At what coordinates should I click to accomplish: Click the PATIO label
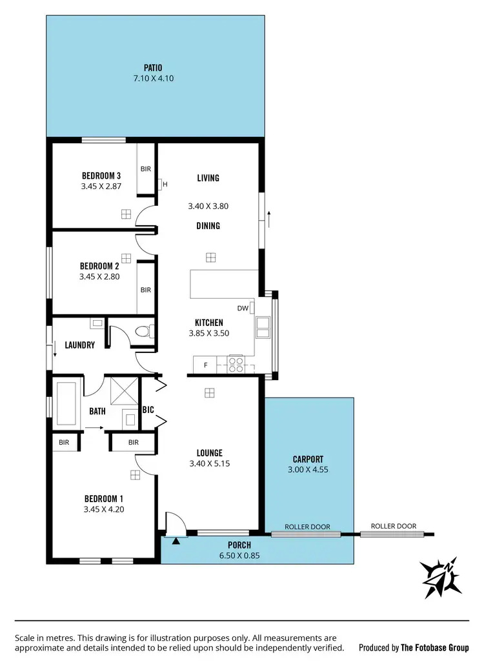[153, 67]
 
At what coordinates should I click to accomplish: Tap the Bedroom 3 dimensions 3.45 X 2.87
[101, 187]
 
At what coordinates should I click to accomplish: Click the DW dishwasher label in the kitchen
[243, 309]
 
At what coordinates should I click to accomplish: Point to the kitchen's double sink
[263, 328]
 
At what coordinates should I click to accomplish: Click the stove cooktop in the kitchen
[236, 365]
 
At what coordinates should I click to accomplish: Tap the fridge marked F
[205, 365]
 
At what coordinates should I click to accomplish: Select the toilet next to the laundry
[144, 332]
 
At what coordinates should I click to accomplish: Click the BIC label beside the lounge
[148, 410]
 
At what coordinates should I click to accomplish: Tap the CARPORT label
[308, 460]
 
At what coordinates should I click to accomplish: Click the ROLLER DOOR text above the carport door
[307, 527]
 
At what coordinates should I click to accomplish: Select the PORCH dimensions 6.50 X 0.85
[239, 555]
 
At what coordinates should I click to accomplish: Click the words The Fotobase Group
[435, 647]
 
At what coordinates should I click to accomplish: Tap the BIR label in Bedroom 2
[146, 290]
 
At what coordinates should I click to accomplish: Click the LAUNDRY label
[79, 345]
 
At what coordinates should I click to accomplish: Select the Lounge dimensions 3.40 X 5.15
[210, 463]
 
